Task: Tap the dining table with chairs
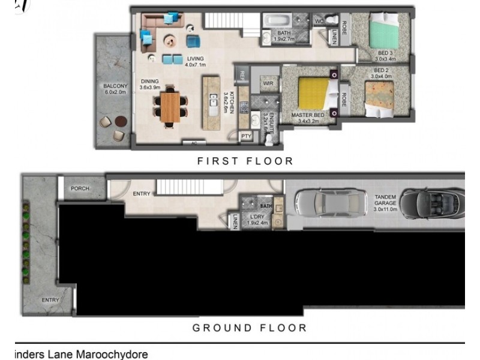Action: click(x=170, y=106)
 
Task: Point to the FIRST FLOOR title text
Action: click(x=245, y=161)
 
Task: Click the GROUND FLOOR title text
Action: click(x=249, y=328)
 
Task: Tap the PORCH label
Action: click(x=79, y=188)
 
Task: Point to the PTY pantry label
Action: click(x=246, y=136)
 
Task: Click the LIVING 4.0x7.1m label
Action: click(x=195, y=61)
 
